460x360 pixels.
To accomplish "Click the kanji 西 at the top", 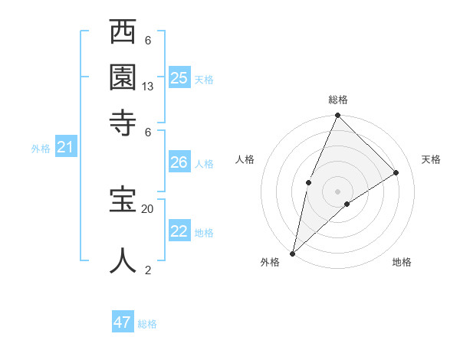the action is pyautogui.click(x=123, y=34).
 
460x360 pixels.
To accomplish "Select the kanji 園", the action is pyautogui.click(x=123, y=77).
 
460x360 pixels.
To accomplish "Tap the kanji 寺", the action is pyautogui.click(x=123, y=121).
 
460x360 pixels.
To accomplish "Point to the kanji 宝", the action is pyautogui.click(x=123, y=201).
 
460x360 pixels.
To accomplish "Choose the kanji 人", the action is pyautogui.click(x=123, y=260).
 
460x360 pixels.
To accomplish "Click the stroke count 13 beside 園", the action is pyautogui.click(x=148, y=87).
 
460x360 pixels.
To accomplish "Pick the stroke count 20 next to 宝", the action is pyautogui.click(x=148, y=208).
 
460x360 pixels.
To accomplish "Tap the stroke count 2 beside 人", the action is pyautogui.click(x=148, y=270).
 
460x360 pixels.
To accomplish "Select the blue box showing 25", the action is pyautogui.click(x=179, y=77).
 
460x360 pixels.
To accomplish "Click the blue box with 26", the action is pyautogui.click(x=179, y=162).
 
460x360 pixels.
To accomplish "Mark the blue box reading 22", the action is pyautogui.click(x=179, y=231).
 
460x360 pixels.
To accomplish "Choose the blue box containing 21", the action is pyautogui.click(x=65, y=147).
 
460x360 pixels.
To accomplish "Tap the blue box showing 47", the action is pyautogui.click(x=123, y=322).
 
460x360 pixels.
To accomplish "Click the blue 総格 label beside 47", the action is pyautogui.click(x=147, y=324).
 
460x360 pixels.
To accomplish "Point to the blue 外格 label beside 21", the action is pyautogui.click(x=41, y=149).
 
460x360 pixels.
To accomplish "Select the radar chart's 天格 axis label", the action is pyautogui.click(x=431, y=159).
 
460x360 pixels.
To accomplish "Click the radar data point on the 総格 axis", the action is pyautogui.click(x=337, y=116).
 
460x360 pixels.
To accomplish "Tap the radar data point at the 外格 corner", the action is pyautogui.click(x=292, y=254).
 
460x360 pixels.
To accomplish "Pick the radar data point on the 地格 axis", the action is pyautogui.click(x=347, y=204).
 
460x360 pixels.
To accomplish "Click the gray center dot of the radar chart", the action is pyautogui.click(x=337, y=191).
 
